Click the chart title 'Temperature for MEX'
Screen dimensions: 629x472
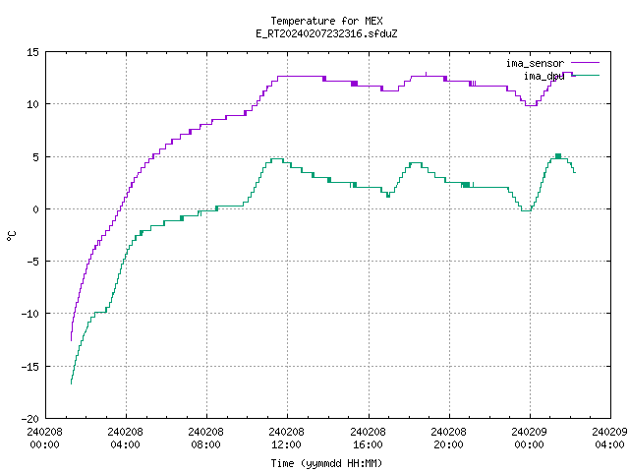(326, 21)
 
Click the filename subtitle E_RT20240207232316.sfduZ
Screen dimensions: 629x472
(326, 33)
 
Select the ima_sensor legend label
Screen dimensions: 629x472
(535, 63)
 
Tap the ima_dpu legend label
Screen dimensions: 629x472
(543, 76)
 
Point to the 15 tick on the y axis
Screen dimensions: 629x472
(32, 52)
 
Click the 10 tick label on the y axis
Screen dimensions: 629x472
(32, 104)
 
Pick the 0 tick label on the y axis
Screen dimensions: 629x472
(36, 209)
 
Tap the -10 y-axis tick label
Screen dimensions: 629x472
(30, 314)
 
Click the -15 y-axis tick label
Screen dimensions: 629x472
(30, 367)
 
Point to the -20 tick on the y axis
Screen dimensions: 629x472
(30, 419)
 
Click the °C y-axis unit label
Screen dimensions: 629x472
(11, 236)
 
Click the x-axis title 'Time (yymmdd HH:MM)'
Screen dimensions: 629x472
(326, 463)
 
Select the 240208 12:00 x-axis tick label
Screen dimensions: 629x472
(286, 438)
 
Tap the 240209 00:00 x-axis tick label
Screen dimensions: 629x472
(529, 438)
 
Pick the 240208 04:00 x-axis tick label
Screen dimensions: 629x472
(125, 438)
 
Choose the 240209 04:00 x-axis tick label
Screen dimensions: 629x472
(609, 438)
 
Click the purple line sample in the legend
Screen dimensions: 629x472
(586, 63)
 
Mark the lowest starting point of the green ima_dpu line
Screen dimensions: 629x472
(71, 384)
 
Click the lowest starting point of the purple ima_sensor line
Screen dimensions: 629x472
(71, 341)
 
